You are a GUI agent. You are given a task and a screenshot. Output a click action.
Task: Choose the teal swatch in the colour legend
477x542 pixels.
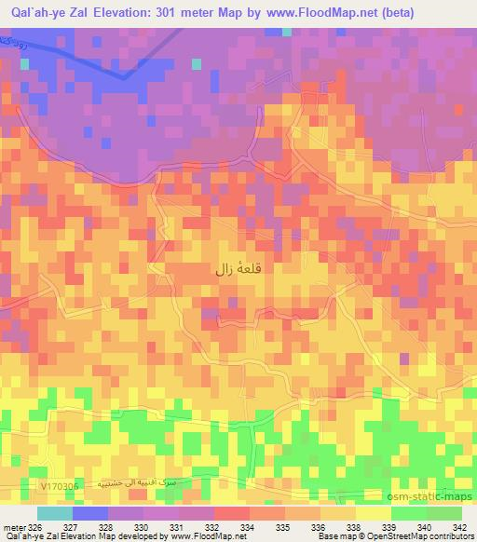(53, 513)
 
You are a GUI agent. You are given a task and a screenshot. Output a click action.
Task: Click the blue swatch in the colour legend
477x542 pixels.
(89, 513)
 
